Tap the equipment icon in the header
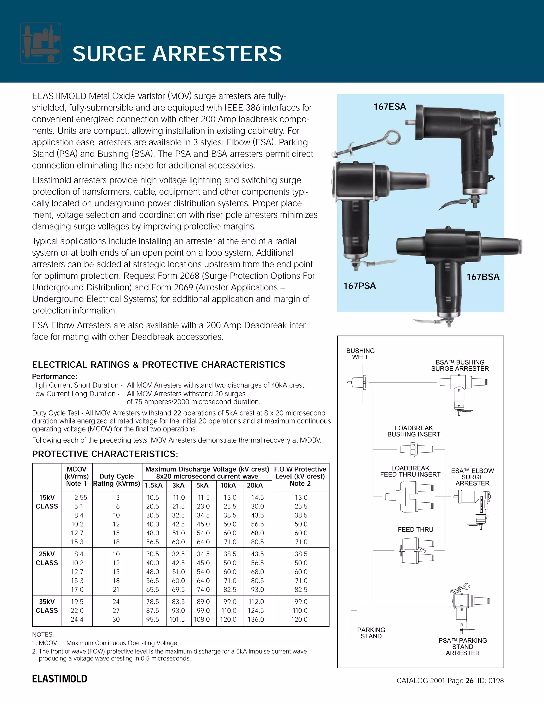pyautogui.click(x=41, y=43)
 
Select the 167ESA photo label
pyautogui.click(x=389, y=107)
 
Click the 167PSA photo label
pyautogui.click(x=359, y=286)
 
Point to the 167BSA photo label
pyautogui.click(x=483, y=277)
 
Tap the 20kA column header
pyautogui.click(x=254, y=485)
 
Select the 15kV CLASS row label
pyautogui.click(x=47, y=502)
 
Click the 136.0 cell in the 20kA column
pyautogui.click(x=256, y=619)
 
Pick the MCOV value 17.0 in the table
pyautogui.click(x=77, y=589)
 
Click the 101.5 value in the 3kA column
pyautogui.click(x=177, y=619)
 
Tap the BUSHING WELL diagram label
pyautogui.click(x=360, y=354)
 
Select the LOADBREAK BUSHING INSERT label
pyautogui.click(x=414, y=431)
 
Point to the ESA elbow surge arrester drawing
pyautogui.click(x=473, y=508)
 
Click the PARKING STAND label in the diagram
pyautogui.click(x=371, y=633)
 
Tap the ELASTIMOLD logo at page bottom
pyautogui.click(x=59, y=679)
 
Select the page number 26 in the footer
pyautogui.click(x=470, y=680)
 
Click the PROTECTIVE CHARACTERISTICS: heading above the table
pyautogui.click(x=105, y=454)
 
